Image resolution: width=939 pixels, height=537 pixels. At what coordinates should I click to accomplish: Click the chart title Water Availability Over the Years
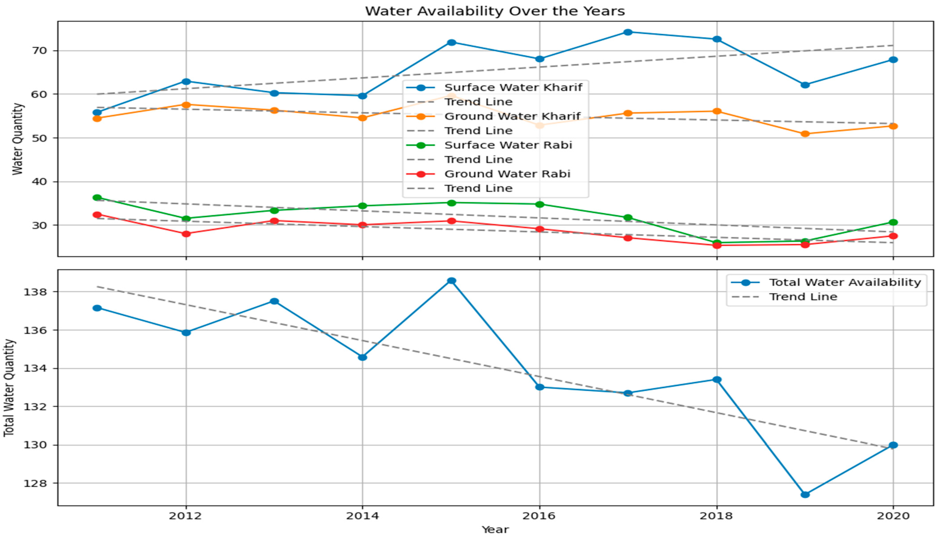tap(495, 11)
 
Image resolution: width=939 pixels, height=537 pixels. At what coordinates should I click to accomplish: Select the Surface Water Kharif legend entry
tap(513, 87)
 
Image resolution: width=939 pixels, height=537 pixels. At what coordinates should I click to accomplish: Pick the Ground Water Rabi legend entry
tap(507, 174)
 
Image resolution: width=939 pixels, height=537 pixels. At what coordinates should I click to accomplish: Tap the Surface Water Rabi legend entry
tap(508, 145)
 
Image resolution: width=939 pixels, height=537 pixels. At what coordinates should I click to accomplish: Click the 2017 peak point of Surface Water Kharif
tap(628, 32)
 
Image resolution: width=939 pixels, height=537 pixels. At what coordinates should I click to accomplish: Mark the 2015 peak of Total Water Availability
tap(451, 281)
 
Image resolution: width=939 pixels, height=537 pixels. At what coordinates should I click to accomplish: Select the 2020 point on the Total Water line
tap(893, 445)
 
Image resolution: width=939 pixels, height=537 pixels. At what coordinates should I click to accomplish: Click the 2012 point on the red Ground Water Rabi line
tap(186, 234)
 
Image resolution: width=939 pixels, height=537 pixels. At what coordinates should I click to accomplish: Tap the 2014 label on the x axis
tap(362, 516)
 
